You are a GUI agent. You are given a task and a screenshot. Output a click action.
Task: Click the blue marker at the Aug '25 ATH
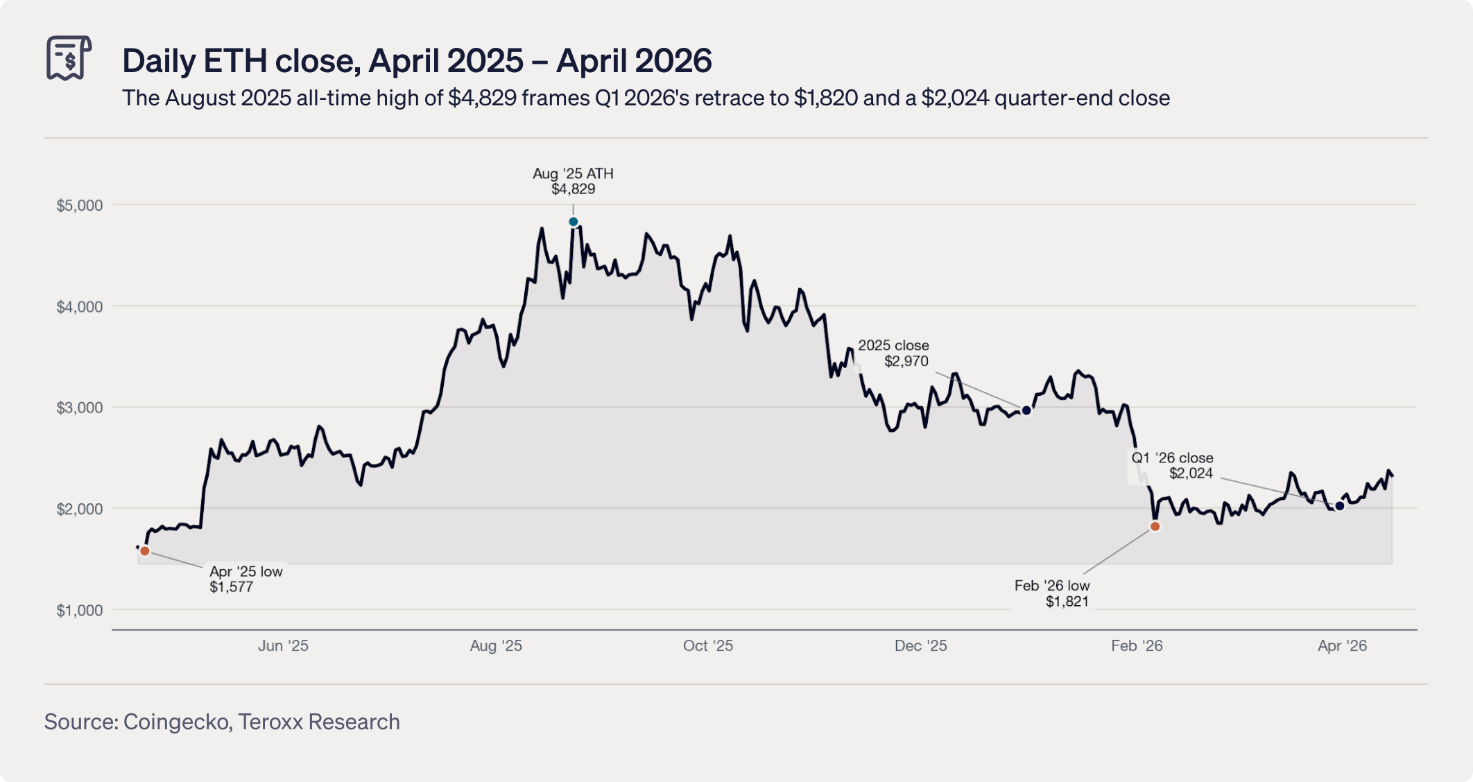pyautogui.click(x=574, y=222)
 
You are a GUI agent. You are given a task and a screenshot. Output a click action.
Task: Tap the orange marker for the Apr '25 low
pyautogui.click(x=145, y=551)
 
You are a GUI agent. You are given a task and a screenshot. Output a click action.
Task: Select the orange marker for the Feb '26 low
pyautogui.click(x=1155, y=527)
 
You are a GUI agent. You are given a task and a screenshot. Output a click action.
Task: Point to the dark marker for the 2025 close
pyautogui.click(x=1027, y=410)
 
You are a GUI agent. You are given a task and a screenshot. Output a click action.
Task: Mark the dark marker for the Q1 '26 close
pyautogui.click(x=1340, y=506)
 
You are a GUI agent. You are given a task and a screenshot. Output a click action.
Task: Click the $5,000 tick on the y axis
pyautogui.click(x=80, y=205)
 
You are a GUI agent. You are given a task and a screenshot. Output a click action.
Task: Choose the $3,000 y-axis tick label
pyautogui.click(x=80, y=408)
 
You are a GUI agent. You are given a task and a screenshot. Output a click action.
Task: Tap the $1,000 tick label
pyautogui.click(x=80, y=611)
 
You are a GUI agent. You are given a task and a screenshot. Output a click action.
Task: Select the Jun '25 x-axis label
pyautogui.click(x=283, y=645)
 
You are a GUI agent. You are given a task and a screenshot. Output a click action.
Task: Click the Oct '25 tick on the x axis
pyautogui.click(x=708, y=645)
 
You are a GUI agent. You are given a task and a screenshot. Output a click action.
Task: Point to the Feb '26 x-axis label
pyautogui.click(x=1137, y=645)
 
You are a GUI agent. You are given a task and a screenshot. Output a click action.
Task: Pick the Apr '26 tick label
pyautogui.click(x=1343, y=645)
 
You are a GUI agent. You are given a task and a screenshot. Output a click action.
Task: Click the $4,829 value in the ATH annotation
pyautogui.click(x=574, y=189)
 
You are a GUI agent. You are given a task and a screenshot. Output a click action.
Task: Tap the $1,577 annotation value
pyautogui.click(x=232, y=587)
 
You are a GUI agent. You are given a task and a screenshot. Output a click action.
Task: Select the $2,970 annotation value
pyautogui.click(x=906, y=361)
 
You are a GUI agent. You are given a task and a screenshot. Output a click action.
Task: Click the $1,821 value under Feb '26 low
pyautogui.click(x=1067, y=602)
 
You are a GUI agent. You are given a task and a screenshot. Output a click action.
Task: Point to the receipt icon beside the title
pyautogui.click(x=69, y=58)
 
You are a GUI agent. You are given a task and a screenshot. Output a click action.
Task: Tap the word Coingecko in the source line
pyautogui.click(x=177, y=722)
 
